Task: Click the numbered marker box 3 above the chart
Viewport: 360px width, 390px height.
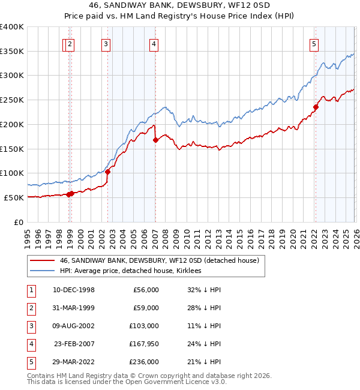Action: click(106, 43)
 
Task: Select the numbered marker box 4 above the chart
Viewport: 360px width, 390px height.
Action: click(154, 43)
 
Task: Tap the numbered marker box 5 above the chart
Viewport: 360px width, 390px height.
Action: click(314, 43)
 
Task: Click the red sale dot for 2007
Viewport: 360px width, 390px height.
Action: click(155, 140)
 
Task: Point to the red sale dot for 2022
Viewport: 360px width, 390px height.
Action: click(315, 107)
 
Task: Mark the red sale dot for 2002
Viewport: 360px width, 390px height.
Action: click(108, 172)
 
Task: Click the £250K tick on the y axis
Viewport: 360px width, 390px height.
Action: click(13, 100)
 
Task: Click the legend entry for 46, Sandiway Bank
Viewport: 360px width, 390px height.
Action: click(159, 260)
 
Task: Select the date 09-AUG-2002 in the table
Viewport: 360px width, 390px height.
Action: click(73, 325)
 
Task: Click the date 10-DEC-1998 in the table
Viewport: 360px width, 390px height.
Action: click(73, 289)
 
